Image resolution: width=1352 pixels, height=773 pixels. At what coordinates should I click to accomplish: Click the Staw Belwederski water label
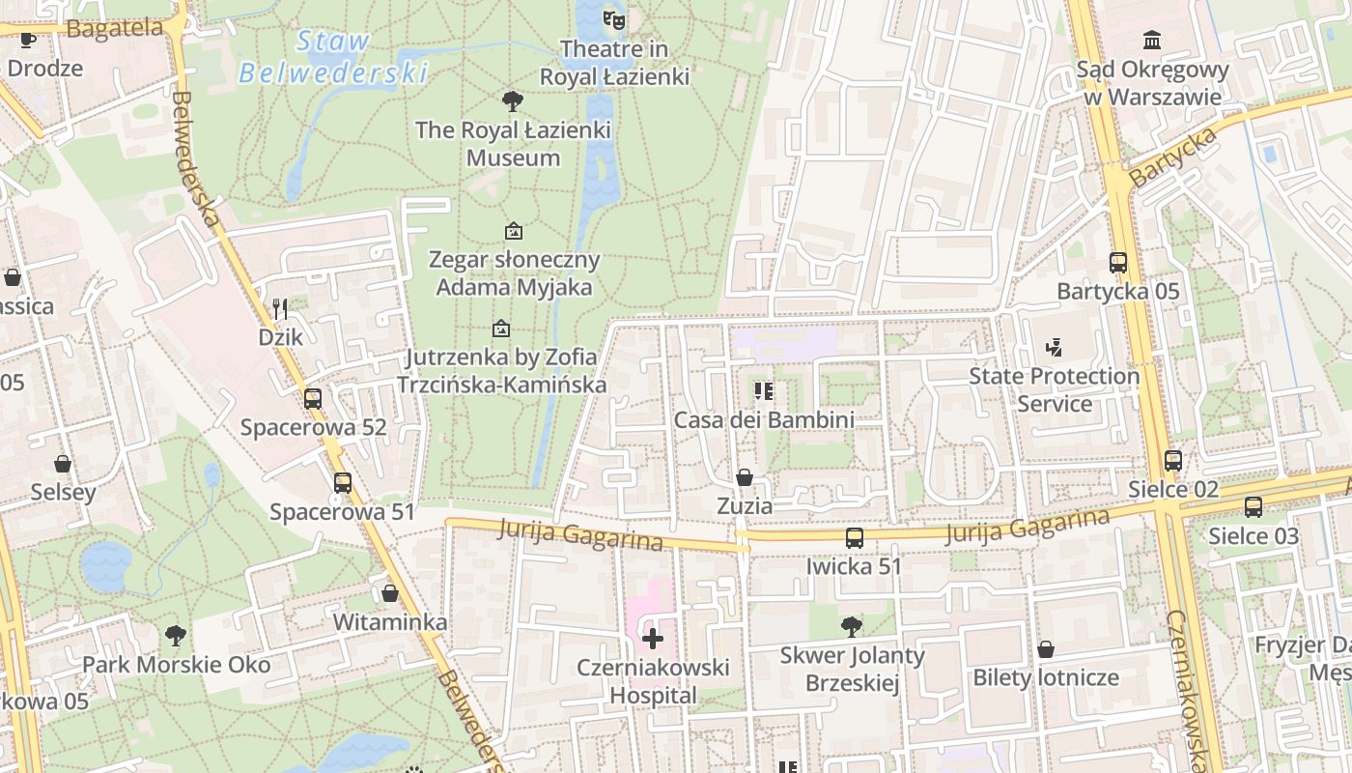(333, 57)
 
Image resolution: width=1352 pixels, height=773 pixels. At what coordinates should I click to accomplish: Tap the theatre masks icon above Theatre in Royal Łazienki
(614, 18)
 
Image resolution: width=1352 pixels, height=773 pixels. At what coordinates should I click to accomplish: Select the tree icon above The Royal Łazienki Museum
(513, 100)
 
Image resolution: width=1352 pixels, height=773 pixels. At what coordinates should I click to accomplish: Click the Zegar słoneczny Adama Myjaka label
(514, 273)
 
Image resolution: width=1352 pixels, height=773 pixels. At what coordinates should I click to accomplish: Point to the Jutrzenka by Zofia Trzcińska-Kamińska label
(501, 371)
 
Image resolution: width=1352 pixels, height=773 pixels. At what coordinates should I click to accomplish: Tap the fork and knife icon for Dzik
(280, 308)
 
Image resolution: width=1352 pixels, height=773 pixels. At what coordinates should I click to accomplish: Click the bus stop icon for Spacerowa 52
(313, 398)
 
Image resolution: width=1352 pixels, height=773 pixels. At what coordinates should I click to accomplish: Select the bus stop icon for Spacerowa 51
(342, 483)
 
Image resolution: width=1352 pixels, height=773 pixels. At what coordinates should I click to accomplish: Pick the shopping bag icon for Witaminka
(390, 593)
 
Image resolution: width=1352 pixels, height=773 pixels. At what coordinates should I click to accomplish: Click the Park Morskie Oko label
(176, 665)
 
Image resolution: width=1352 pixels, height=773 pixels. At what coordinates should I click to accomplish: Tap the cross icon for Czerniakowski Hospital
(653, 639)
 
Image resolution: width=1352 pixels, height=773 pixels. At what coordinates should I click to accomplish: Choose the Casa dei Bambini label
(764, 420)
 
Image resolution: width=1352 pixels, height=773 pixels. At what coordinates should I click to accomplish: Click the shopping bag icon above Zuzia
(745, 477)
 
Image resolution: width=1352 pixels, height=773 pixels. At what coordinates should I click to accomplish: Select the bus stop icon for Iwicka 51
(855, 538)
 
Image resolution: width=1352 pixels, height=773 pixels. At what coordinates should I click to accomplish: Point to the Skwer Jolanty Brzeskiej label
(852, 670)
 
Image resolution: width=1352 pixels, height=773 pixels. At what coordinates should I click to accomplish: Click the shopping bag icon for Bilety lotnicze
(1046, 649)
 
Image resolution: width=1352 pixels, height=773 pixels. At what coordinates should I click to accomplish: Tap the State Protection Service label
(1055, 389)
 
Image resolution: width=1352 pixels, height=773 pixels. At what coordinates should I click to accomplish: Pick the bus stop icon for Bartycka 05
(1118, 263)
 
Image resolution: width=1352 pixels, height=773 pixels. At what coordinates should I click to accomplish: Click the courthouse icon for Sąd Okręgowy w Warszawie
(1152, 41)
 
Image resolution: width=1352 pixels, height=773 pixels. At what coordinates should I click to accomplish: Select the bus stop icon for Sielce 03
(1253, 506)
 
